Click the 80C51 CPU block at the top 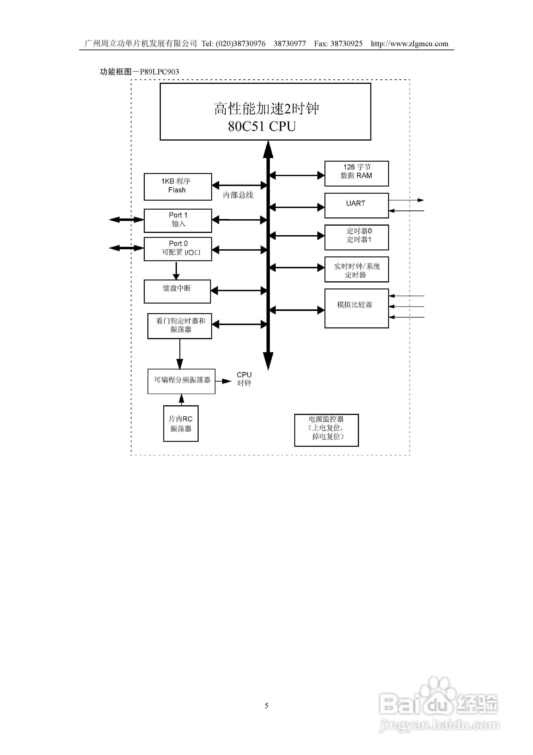click(265, 112)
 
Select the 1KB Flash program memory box click(177, 187)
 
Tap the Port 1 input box click(177, 220)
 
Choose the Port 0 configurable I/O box click(177, 249)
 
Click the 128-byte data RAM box click(357, 173)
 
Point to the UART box click(357, 205)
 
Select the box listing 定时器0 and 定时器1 click(357, 237)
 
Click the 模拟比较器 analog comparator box click(357, 308)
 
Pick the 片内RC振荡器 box click(181, 423)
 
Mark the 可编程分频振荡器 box click(181, 381)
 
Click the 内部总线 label click(238, 195)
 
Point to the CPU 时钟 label click(244, 379)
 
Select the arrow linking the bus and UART click(297, 207)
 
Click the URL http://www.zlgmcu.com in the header click(409, 44)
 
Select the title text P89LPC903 click(159, 72)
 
